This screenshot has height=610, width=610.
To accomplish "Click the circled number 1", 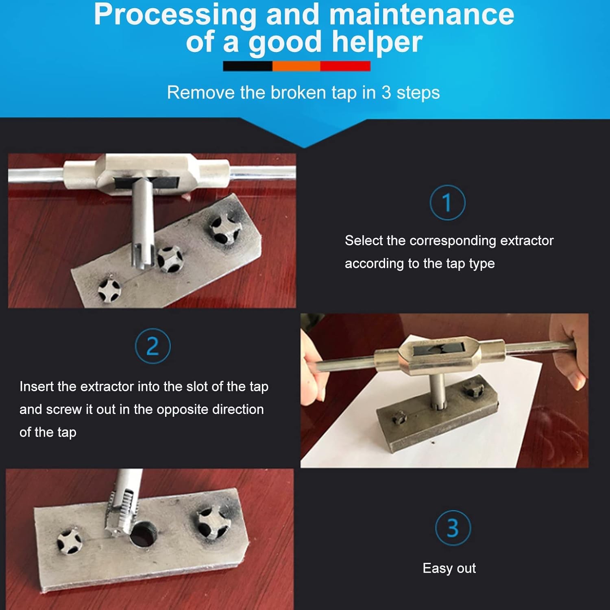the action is pyautogui.click(x=447, y=203).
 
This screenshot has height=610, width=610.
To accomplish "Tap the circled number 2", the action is pyautogui.click(x=152, y=346).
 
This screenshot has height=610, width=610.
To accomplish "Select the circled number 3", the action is pyautogui.click(x=453, y=528).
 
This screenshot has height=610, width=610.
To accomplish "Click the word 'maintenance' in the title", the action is pyautogui.click(x=421, y=15).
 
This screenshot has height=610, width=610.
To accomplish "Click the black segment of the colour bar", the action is pyautogui.click(x=248, y=66).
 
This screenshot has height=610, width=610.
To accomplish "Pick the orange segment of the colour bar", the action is pyautogui.click(x=296, y=66).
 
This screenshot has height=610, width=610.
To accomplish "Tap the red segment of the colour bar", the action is pyautogui.click(x=345, y=66).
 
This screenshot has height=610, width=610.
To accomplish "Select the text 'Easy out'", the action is pyautogui.click(x=449, y=568).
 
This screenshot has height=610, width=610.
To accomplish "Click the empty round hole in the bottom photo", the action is pyautogui.click(x=143, y=534).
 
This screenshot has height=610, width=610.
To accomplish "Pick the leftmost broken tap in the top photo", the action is pyautogui.click(x=109, y=290).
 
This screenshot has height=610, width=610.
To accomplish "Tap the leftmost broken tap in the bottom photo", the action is pyautogui.click(x=69, y=542).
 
